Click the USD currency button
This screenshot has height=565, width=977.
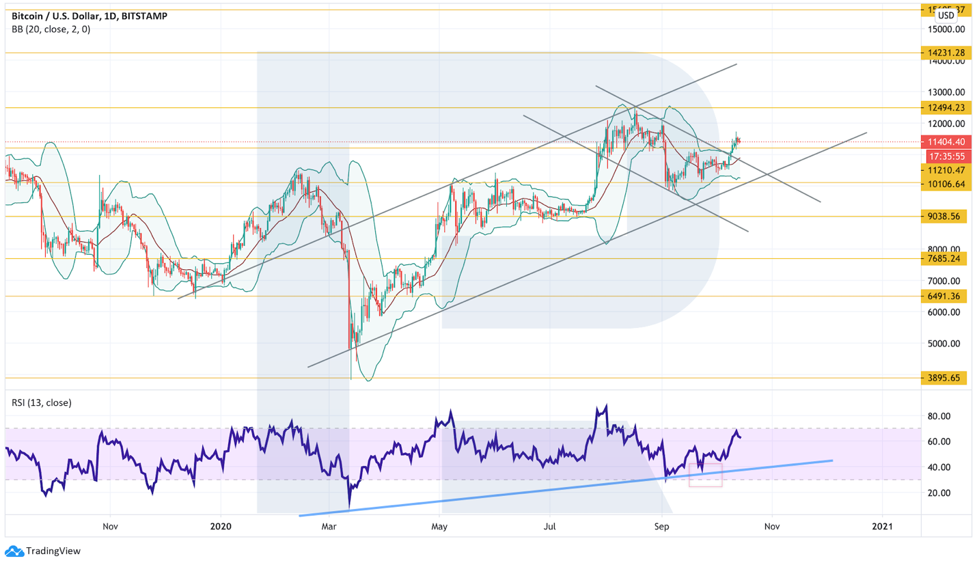click(x=946, y=15)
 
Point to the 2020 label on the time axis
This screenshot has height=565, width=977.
click(x=221, y=527)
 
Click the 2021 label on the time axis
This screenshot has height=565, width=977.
click(x=882, y=527)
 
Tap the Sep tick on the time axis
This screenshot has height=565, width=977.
click(x=661, y=527)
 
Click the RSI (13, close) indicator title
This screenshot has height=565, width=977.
click(x=42, y=402)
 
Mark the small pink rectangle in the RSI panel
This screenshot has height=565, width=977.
click(x=705, y=475)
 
